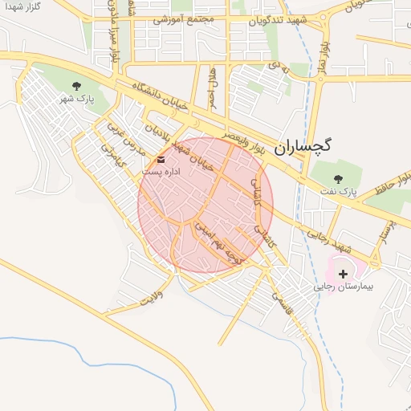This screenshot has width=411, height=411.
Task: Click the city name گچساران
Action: (x=303, y=145)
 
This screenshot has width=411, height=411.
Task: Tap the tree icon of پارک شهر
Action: (x=77, y=85)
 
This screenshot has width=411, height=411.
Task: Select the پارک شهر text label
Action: (x=77, y=100)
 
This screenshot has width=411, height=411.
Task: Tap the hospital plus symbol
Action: (x=344, y=274)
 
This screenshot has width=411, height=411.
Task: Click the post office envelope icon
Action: (x=161, y=160)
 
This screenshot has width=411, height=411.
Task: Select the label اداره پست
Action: (x=161, y=172)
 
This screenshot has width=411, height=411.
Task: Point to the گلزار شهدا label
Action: (x=22, y=6)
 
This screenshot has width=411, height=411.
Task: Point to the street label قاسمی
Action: (x=285, y=307)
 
